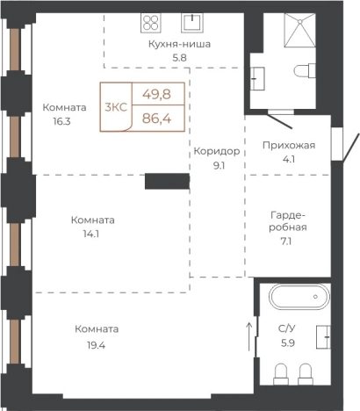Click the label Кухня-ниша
181,43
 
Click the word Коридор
217,149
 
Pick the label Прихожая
289,146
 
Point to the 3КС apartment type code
115,107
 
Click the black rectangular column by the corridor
167,180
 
